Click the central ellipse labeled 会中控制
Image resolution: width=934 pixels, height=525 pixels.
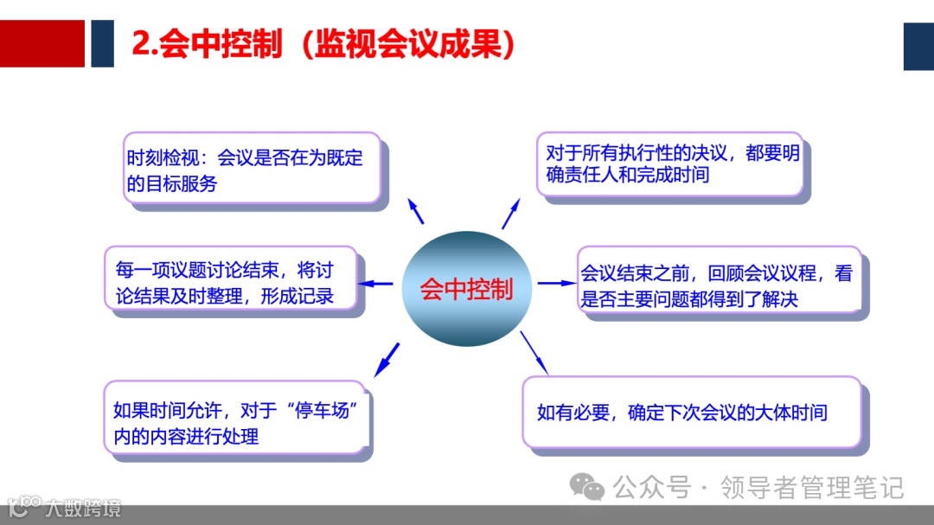[x=466, y=288]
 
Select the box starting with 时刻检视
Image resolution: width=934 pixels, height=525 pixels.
[x=252, y=169]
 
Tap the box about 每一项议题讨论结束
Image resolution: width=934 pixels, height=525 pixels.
[x=230, y=281]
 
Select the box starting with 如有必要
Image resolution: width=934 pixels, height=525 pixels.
[x=692, y=413]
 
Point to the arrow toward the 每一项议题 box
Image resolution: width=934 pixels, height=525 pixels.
[x=376, y=283]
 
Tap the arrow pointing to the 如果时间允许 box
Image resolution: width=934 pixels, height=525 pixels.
[x=387, y=358]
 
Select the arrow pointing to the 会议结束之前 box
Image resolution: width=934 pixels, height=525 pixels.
[x=556, y=283]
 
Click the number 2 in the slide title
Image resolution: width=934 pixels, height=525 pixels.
[x=141, y=44]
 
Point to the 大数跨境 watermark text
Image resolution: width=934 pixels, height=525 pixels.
[x=84, y=508]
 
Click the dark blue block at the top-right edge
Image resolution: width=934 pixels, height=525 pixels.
[x=918, y=46]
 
